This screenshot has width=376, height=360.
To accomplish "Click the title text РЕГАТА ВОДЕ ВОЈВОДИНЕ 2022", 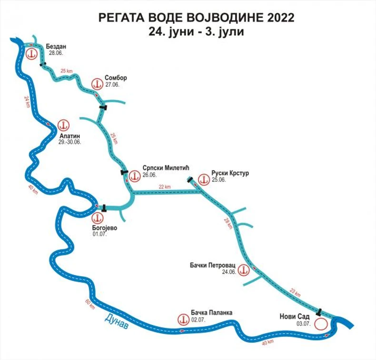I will (x=196, y=18).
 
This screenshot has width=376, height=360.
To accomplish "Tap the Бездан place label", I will (x=56, y=47).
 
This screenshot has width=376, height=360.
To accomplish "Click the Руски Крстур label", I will (x=230, y=173).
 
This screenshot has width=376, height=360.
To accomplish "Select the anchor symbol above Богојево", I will (x=97, y=218).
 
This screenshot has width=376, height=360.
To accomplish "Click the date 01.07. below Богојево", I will (x=99, y=234).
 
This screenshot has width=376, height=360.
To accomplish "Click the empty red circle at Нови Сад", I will (x=321, y=324).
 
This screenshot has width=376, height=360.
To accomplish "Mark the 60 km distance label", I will (x=89, y=305).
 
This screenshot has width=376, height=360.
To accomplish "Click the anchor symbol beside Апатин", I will (x=62, y=125).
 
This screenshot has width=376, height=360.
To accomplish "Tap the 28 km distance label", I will (x=229, y=223).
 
